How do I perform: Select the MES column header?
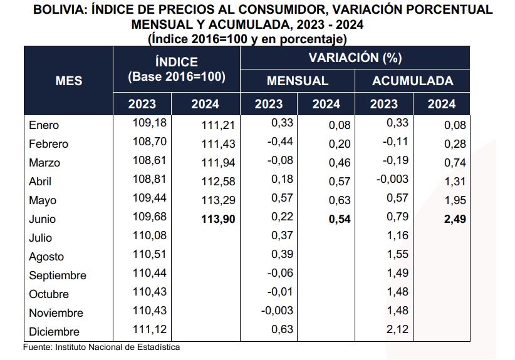pyautogui.click(x=69, y=81)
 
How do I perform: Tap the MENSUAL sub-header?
pyautogui.click(x=298, y=81)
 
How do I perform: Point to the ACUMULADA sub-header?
pyautogui.click(x=412, y=81)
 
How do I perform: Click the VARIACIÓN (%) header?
pyautogui.click(x=356, y=58)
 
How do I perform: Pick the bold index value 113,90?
pyautogui.click(x=217, y=219)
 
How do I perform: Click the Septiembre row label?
pyautogui.click(x=58, y=275)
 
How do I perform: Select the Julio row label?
pyautogui.click(x=41, y=238)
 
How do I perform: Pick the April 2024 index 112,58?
pyautogui.click(x=217, y=182)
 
